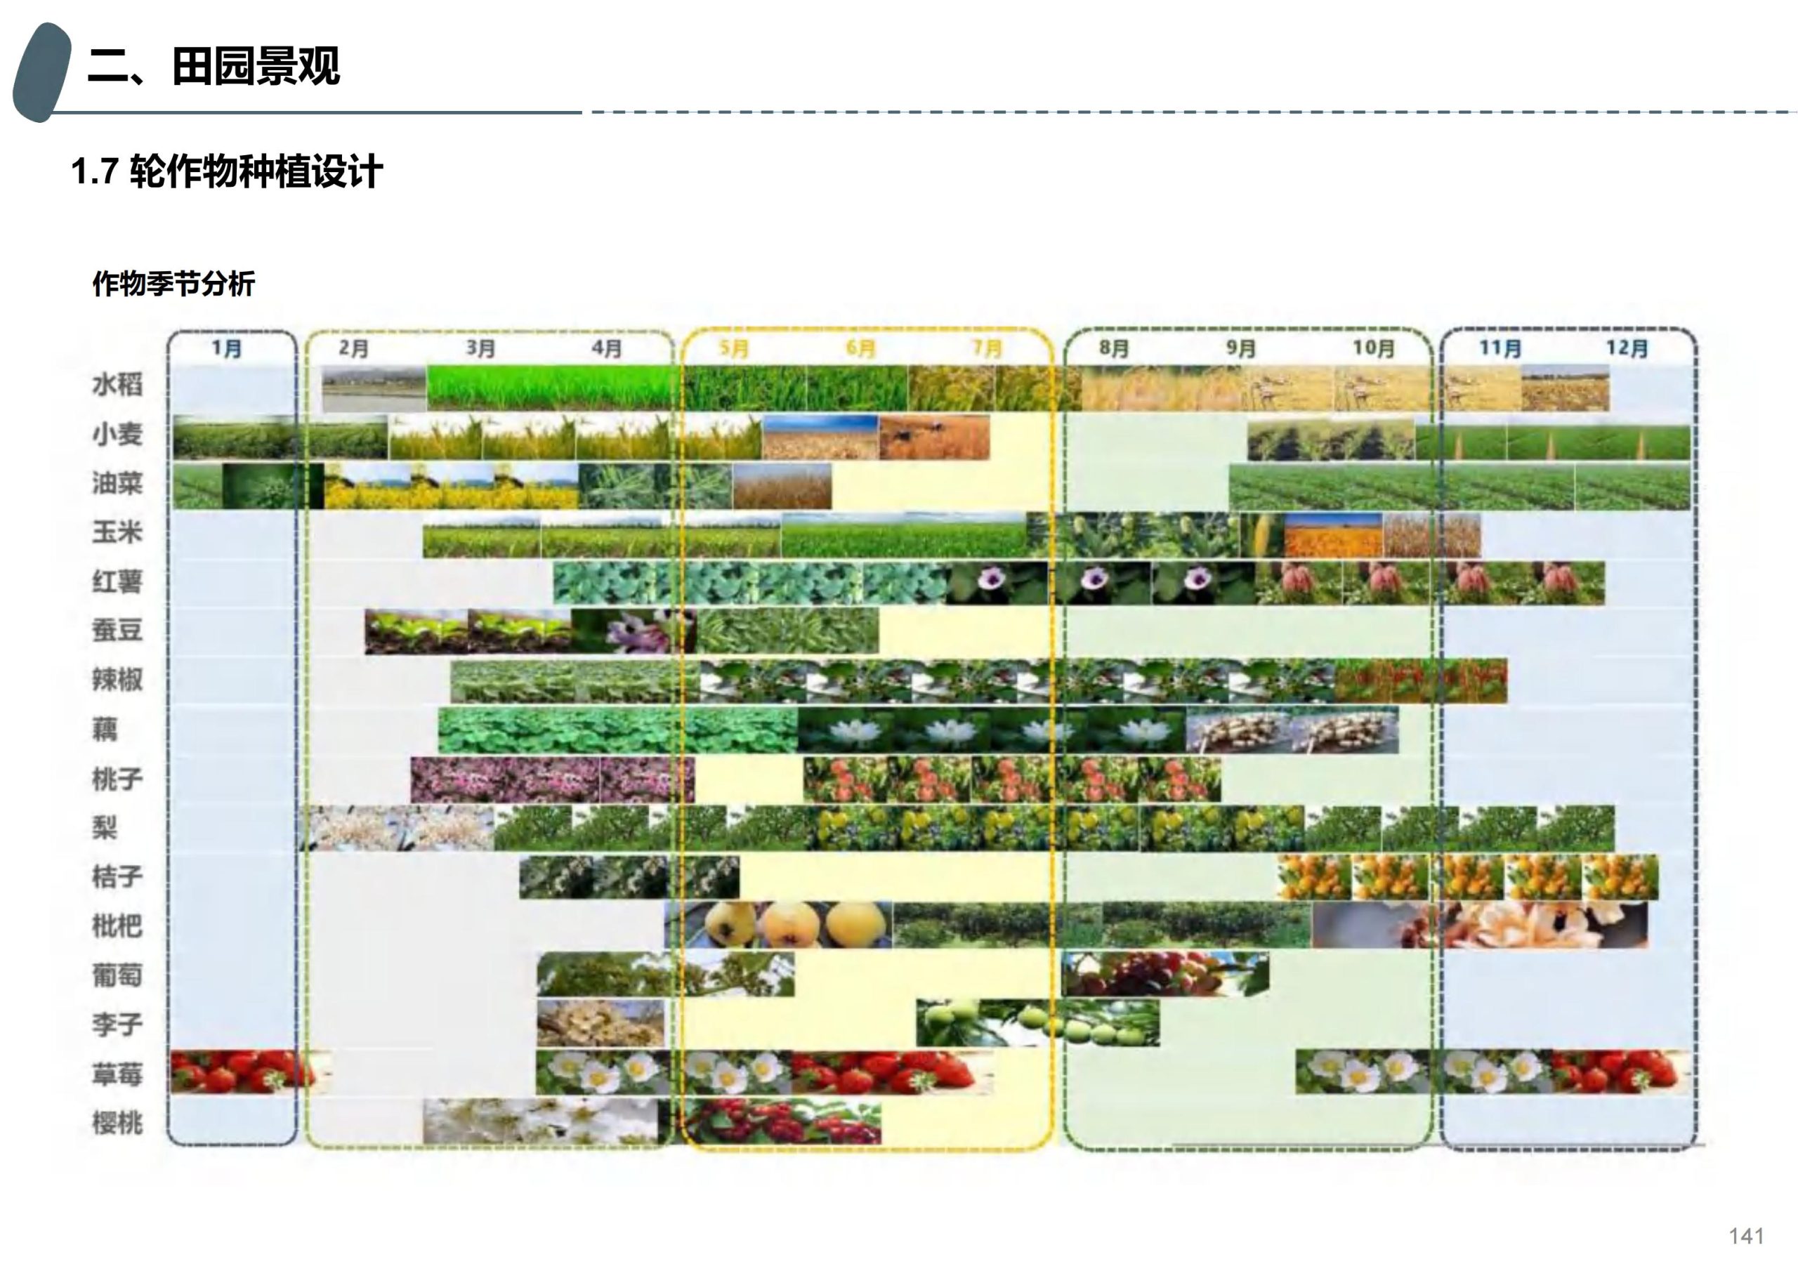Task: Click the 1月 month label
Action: click(227, 348)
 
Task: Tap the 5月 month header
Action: click(734, 348)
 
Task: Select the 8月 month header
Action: click(1114, 348)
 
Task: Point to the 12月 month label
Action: click(1627, 348)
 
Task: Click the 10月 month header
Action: click(1374, 348)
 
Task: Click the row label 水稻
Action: click(117, 385)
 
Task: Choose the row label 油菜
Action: click(117, 483)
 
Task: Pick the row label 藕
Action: click(105, 730)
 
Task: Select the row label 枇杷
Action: click(117, 926)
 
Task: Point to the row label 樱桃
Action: click(117, 1123)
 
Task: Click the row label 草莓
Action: click(117, 1074)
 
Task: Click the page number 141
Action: click(1745, 1236)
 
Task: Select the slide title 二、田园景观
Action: click(214, 66)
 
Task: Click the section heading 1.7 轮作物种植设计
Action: click(227, 171)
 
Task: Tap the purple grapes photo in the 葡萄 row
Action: click(1164, 974)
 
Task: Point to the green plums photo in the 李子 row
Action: click(1037, 1022)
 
